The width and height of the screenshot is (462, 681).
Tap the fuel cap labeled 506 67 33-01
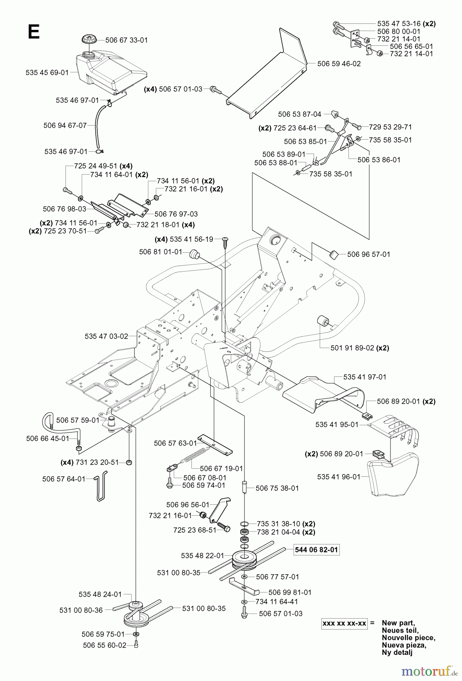point(90,40)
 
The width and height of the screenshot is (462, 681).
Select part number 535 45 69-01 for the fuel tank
point(47,72)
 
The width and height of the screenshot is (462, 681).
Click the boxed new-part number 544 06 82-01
point(316,549)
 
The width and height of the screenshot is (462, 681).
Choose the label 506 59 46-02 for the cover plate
point(339,64)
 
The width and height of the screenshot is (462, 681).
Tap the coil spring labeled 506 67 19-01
point(195,455)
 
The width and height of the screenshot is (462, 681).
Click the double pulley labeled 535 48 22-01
point(244,559)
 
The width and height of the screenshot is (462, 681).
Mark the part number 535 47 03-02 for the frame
point(106,336)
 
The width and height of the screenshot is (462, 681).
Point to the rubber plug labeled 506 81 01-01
point(194,253)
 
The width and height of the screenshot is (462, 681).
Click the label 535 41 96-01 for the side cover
point(339,477)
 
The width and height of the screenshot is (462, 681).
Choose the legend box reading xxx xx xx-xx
point(344,623)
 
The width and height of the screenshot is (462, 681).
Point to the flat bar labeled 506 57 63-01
point(215,445)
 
